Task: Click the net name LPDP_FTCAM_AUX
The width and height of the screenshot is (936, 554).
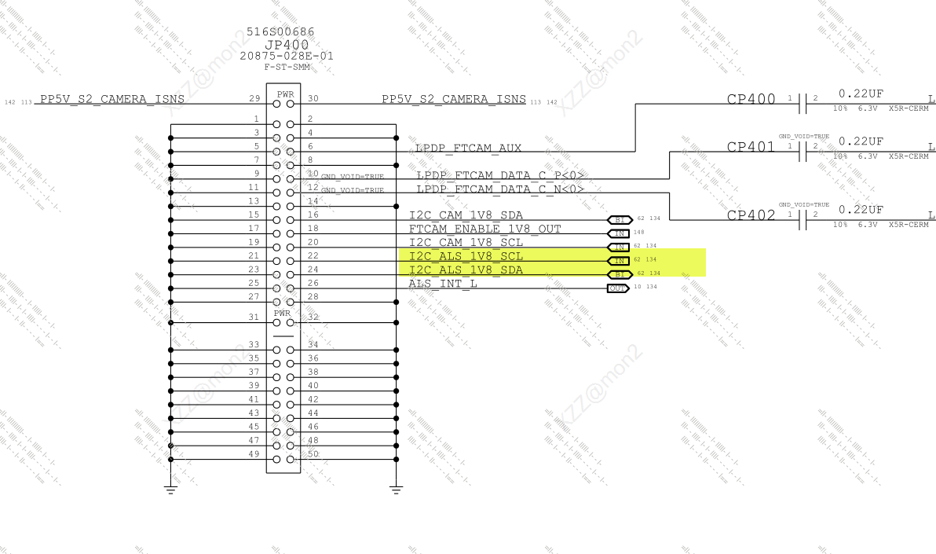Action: tap(468, 149)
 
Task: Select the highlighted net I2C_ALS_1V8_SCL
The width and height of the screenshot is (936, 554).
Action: tap(466, 256)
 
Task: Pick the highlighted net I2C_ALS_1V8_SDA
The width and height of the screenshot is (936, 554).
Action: tap(466, 270)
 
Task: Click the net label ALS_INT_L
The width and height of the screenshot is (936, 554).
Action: tap(443, 284)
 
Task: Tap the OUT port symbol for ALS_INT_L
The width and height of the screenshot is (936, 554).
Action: tap(619, 288)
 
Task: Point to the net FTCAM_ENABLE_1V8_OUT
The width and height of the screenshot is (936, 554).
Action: tap(485, 229)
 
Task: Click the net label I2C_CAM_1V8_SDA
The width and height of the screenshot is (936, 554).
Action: tap(466, 215)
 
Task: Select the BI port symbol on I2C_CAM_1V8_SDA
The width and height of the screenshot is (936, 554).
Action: tap(619, 220)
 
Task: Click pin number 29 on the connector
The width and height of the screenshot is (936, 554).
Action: tap(254, 99)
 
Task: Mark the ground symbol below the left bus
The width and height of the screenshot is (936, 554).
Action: tap(170, 490)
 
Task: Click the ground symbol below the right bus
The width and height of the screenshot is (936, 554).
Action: tap(396, 490)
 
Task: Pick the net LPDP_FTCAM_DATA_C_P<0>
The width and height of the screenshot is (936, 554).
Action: tap(500, 175)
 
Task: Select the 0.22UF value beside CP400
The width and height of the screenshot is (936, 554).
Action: tap(861, 94)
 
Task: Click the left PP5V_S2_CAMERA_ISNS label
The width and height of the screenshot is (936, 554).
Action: tap(112, 99)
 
